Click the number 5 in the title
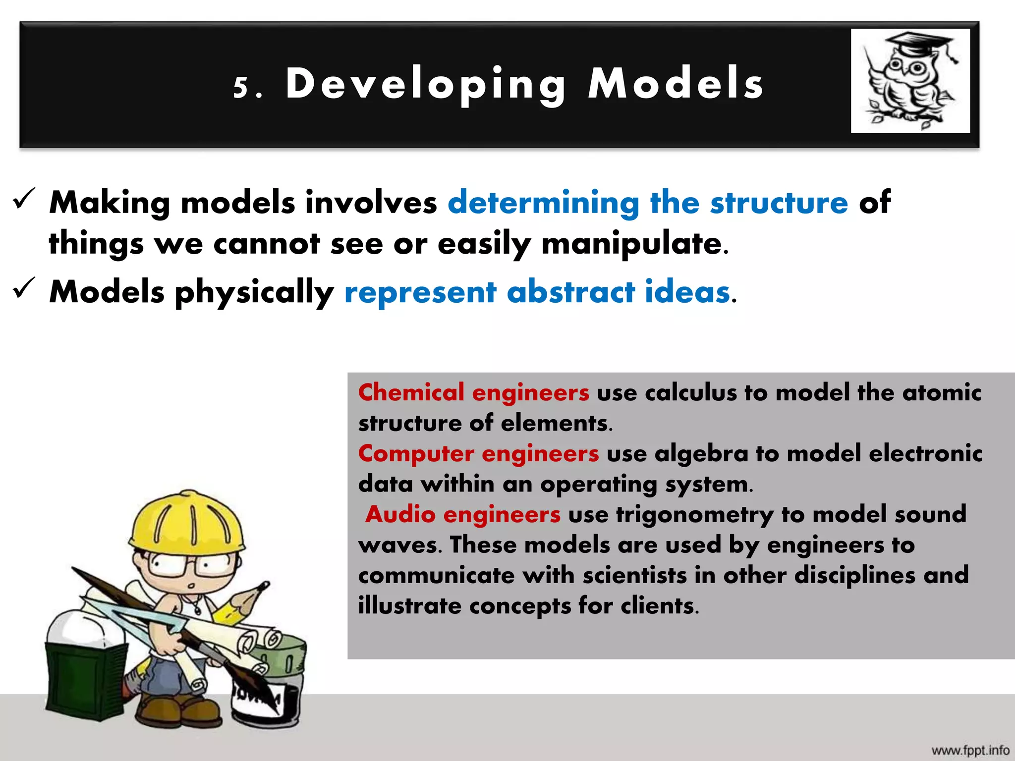pyautogui.click(x=241, y=87)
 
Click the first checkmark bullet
pyautogui.click(x=23, y=199)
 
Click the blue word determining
pyautogui.click(x=543, y=203)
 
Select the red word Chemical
pyautogui.click(x=411, y=392)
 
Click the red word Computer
pyautogui.click(x=416, y=454)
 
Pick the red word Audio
pyautogui.click(x=400, y=514)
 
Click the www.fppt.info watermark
pyautogui.click(x=970, y=750)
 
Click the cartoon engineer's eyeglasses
pyautogui.click(x=193, y=565)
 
